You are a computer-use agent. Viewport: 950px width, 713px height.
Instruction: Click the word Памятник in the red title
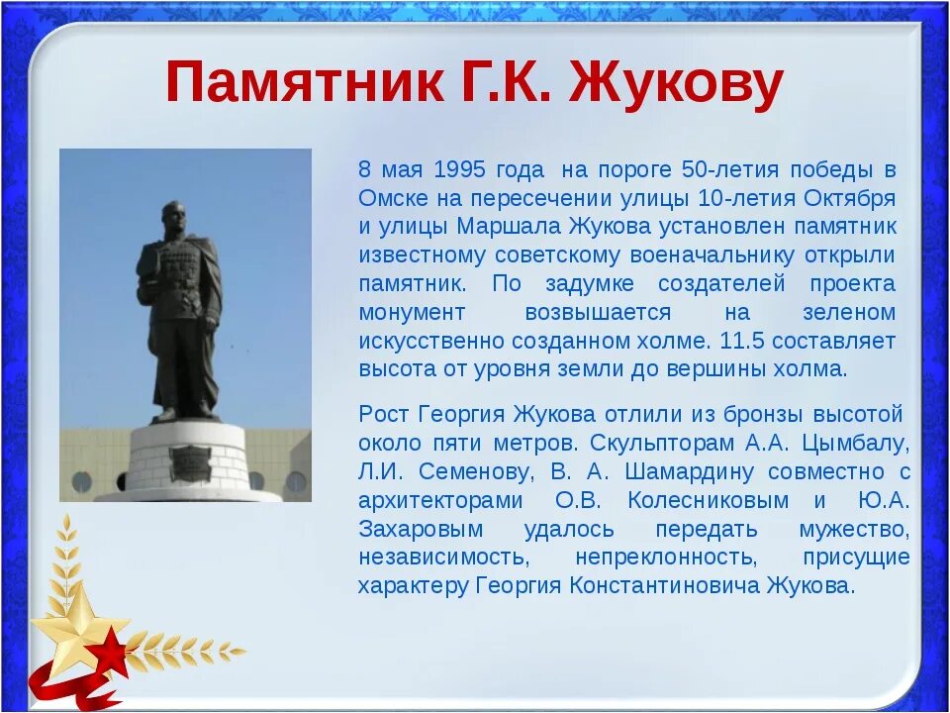tap(304, 83)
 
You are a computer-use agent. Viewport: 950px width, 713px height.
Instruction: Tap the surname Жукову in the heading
tap(676, 85)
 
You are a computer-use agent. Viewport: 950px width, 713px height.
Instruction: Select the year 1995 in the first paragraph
tap(460, 169)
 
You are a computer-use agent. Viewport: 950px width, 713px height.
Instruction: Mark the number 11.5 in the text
tap(741, 341)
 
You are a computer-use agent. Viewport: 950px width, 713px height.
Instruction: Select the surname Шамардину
tap(690, 472)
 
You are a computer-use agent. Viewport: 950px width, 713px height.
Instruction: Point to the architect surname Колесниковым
tap(709, 501)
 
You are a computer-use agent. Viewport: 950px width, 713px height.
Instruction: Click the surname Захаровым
tap(422, 530)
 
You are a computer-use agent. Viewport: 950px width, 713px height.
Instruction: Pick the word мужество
tap(854, 530)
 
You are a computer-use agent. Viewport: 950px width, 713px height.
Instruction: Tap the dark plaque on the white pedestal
tap(190, 463)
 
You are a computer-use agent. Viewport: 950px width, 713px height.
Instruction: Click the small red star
tap(110, 653)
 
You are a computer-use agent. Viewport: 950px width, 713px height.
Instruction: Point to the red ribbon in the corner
tap(66, 689)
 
